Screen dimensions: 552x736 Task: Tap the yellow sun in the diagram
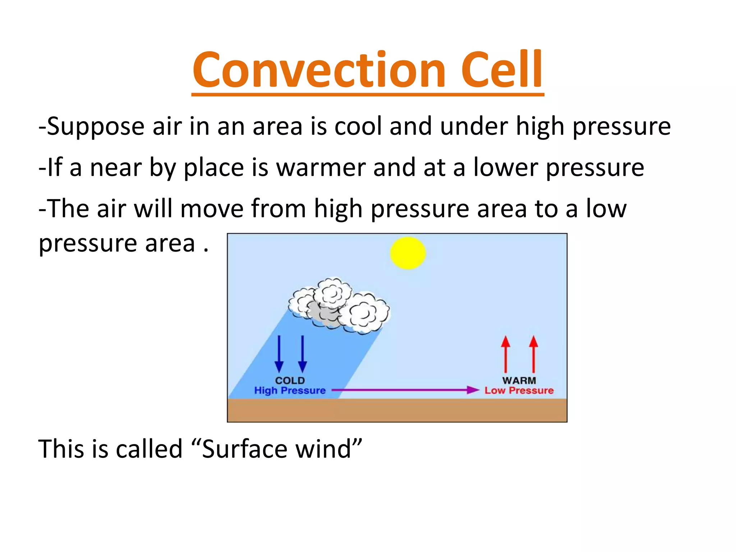coord(408,253)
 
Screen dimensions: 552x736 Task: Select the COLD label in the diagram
coord(290,380)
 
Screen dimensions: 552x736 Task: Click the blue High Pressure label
coord(290,390)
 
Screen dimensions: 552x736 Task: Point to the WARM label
coord(519,380)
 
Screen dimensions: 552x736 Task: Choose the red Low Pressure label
coord(519,390)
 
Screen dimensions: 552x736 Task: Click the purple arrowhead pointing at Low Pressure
coord(473,390)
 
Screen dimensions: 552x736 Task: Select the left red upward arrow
coord(506,354)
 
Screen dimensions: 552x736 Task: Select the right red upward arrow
coord(534,354)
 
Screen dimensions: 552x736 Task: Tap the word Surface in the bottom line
coord(244,449)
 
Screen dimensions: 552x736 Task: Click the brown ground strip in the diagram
coord(397,410)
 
